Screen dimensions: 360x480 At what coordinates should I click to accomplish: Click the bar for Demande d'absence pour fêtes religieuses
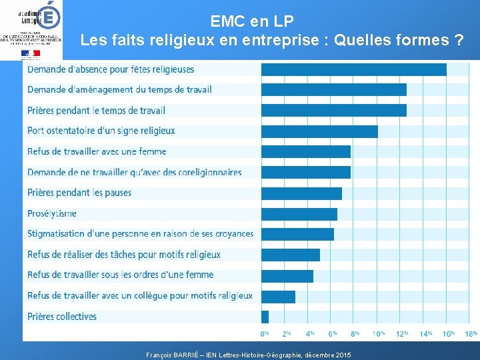tap(353, 69)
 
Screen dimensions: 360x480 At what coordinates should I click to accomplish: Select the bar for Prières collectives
tap(265, 317)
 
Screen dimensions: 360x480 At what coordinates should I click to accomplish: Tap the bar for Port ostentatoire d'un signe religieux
tap(319, 131)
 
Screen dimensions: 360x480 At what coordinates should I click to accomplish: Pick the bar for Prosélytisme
tap(299, 214)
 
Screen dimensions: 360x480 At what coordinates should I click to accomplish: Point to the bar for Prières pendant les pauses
tap(301, 193)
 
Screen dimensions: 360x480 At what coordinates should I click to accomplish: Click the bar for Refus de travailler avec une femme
tap(306, 152)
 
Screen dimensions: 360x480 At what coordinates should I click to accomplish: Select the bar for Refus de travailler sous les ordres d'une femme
tap(287, 275)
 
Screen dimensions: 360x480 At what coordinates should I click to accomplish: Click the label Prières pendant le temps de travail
tap(96, 111)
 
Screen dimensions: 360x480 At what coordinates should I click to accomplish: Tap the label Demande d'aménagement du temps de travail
tap(119, 89)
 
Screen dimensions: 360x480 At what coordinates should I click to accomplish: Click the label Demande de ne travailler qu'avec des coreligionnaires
tap(134, 173)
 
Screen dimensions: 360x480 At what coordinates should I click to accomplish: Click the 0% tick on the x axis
tap(265, 333)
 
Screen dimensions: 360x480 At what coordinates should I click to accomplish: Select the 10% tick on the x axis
tap(378, 333)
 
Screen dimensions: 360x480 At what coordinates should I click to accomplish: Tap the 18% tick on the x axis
tap(471, 333)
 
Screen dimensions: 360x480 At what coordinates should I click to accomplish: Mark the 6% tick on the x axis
tap(332, 333)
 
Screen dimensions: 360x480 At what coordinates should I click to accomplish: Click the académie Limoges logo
tap(31, 13)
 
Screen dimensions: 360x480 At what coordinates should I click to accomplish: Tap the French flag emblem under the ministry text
tap(31, 53)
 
